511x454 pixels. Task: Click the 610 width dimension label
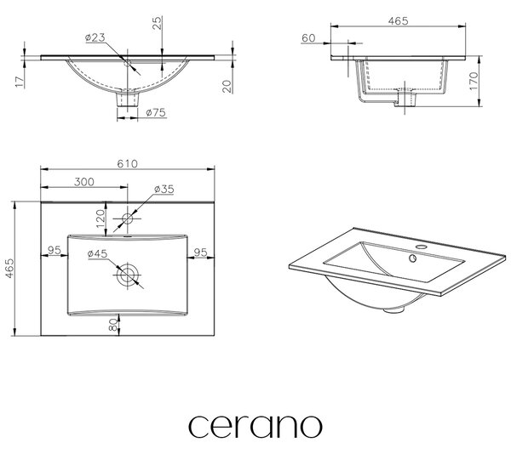127,163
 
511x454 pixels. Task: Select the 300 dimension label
84,182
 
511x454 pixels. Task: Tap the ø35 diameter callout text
164,190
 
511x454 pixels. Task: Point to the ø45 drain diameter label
97,253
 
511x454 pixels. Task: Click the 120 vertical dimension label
100,218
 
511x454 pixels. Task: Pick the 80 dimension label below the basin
112,325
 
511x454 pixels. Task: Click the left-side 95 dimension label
55,250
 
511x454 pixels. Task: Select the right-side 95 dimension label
200,253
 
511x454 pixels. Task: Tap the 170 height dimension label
474,82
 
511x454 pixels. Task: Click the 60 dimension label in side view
308,38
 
